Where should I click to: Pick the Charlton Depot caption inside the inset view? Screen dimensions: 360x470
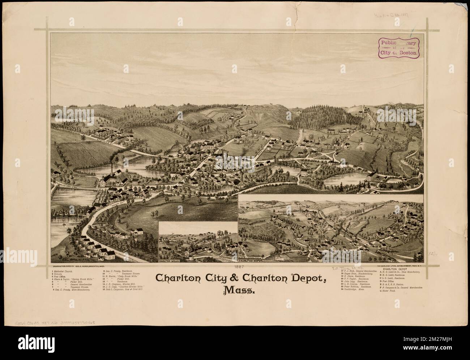tap(250, 260)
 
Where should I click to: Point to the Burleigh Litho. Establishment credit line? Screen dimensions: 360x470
tap(393, 266)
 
